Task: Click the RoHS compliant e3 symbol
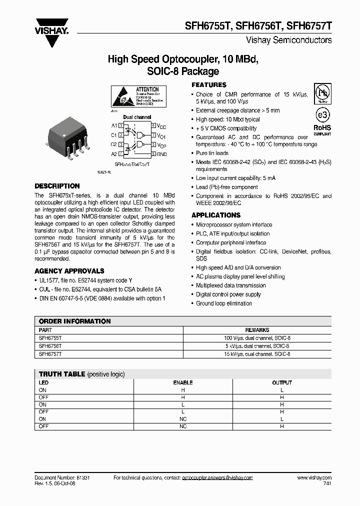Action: pos(322,114)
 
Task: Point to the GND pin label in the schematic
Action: pos(162,154)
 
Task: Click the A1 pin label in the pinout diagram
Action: pos(114,125)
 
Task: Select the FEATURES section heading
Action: pos(209,85)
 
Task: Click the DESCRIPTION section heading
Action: pos(57,186)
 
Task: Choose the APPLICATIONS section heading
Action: pos(216,215)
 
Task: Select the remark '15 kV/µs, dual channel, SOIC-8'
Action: pos(257,354)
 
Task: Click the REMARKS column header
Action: pos(257,330)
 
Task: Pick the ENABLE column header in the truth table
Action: pos(182,382)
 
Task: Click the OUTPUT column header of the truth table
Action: pos(281,382)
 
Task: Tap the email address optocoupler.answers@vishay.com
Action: pos(216,478)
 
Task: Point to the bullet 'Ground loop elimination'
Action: pos(223,303)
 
